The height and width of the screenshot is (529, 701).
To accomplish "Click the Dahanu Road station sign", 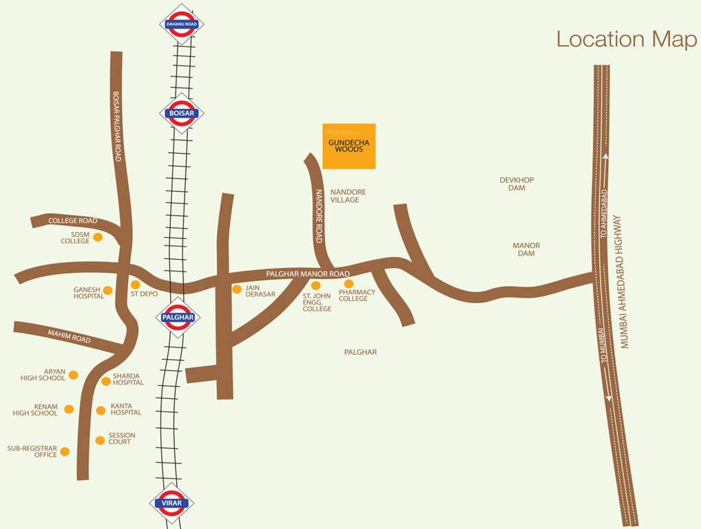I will pos(182,25).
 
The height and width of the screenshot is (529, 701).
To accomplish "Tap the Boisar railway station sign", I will pos(182,113).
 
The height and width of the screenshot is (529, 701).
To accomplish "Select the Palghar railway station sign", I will pos(178,318).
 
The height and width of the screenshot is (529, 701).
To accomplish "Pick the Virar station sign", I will pos(171,503).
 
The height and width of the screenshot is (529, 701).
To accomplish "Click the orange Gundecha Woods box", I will pos(349,146).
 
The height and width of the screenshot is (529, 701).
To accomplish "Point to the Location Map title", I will pos(626,39).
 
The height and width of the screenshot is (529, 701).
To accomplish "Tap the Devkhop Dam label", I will pos(516,184).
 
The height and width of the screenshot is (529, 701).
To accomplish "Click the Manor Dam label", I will pos(526,249).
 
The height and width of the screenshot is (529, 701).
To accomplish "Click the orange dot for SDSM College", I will pos(98,237).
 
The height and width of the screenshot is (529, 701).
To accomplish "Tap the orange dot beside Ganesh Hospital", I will pos(108,290).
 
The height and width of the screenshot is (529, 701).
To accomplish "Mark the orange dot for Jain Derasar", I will pos(237,289).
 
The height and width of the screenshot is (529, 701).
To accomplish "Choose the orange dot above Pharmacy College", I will pos(348,284).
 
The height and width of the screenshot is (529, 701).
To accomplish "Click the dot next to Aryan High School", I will pos(74,375).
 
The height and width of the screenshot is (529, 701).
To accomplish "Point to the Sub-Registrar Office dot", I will pos(65,452).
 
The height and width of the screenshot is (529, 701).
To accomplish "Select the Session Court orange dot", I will pos(101,439).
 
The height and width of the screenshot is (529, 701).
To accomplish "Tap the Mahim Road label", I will pos(69,336).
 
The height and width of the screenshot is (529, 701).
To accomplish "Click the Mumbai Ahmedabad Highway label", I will pos(625,282).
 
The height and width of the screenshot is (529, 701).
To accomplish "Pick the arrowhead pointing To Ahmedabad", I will pos(605,158).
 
